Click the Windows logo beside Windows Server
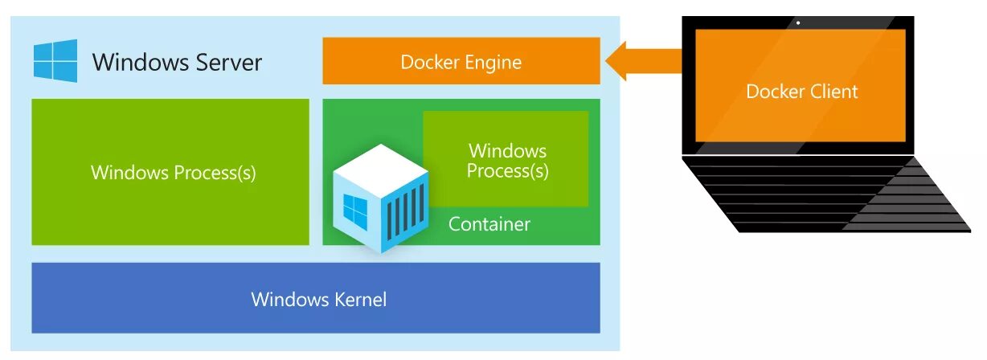55,61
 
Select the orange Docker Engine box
461,61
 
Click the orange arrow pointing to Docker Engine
643,61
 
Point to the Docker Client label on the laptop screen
801,92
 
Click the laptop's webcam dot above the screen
797,22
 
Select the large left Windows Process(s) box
170,172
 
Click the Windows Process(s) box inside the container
507,160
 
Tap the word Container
489,224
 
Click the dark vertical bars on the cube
405,211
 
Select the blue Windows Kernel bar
315,298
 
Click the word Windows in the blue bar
285,300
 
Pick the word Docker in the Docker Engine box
430,63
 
